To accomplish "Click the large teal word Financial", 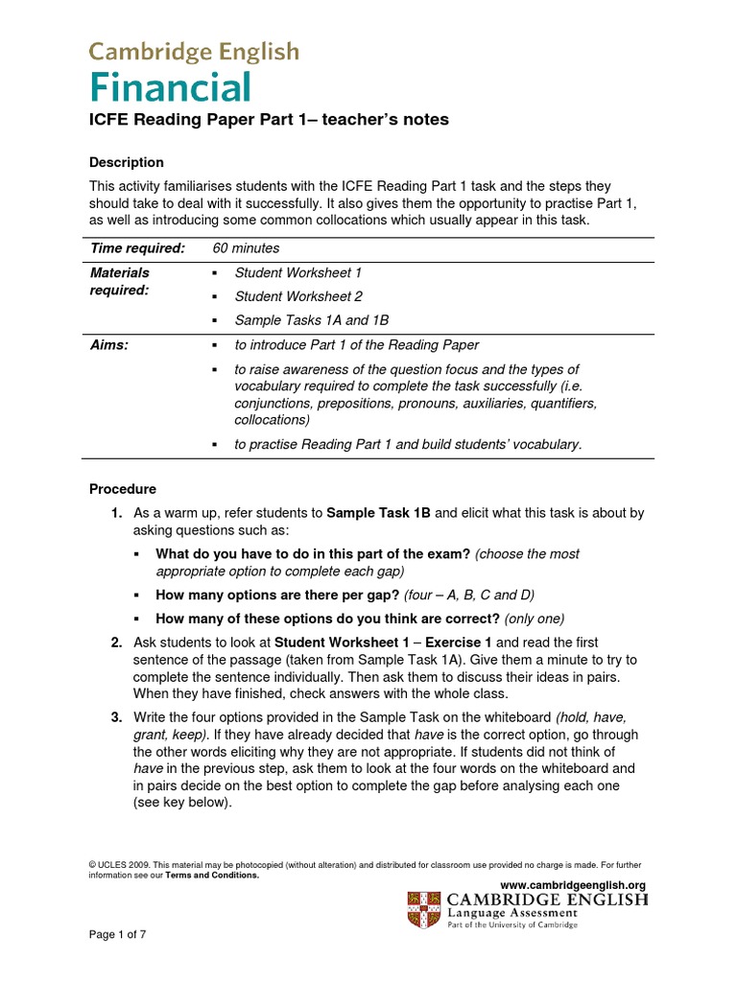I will [170, 88].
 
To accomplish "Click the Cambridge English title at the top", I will [194, 52].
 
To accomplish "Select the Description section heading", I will [127, 162].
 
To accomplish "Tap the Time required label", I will [136, 248].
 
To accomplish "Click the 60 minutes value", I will [247, 248].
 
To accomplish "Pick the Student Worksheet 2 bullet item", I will [298, 296].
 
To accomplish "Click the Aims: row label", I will [109, 345].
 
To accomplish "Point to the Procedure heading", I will [123, 489].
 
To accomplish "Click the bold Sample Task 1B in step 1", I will [379, 513].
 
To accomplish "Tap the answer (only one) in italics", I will [535, 619].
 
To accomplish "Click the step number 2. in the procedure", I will [115, 643].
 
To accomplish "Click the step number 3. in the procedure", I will [115, 717].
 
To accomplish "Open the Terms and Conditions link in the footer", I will [212, 875].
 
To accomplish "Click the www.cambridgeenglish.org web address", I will [573, 884].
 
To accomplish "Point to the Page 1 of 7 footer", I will [118, 934].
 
